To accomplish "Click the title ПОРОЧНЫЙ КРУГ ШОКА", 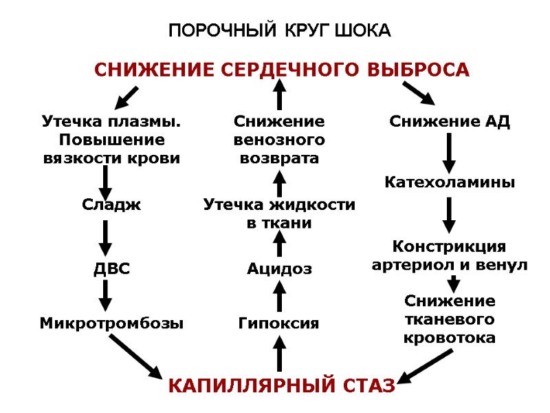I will point(279,31).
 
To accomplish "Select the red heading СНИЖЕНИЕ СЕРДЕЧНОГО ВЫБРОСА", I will point(281,70).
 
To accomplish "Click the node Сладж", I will point(111,204).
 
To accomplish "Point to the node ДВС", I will point(111,269).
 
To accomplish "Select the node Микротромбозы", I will point(111,322).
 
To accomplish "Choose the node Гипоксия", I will point(278,322).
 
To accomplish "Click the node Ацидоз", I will point(279,269).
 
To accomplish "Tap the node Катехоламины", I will point(449,182).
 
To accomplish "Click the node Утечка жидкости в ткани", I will point(279,213).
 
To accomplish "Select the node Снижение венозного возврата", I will point(279,140).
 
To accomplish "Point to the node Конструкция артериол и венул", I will point(449,255).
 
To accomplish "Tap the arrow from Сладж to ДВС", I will point(105,237).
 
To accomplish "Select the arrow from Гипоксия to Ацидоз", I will point(279,296).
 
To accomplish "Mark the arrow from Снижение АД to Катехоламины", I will point(449,153).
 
